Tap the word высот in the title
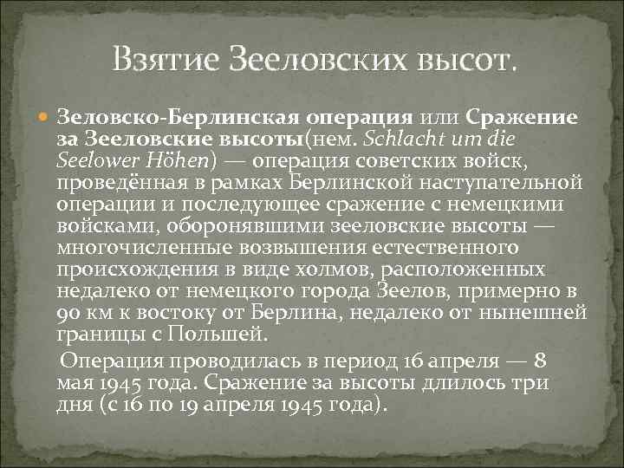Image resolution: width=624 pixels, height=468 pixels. click(x=467, y=60)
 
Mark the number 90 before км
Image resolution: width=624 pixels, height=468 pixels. click(x=68, y=309)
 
